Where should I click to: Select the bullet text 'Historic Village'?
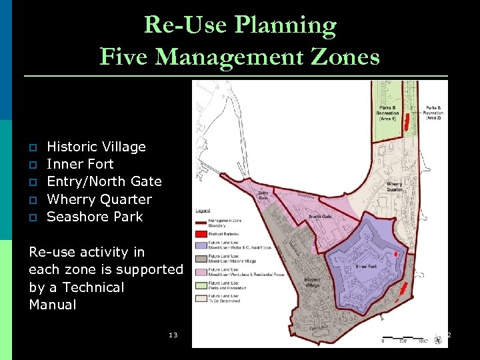pos(96,147)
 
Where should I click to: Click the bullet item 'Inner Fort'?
pos(80,164)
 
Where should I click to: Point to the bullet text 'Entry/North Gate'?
pos(104,181)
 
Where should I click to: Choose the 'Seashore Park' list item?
pos(95,217)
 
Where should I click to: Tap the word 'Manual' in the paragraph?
pos(53,305)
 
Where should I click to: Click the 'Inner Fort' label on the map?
pos(367,265)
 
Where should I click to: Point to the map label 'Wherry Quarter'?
pos(395,186)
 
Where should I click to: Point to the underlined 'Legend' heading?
pos(202,211)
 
